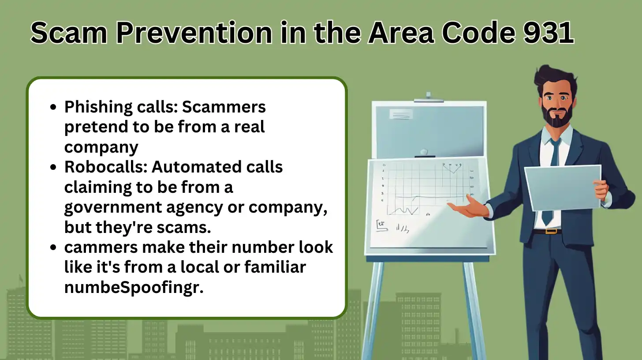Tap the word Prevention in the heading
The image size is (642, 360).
point(194,32)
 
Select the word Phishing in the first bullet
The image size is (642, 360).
point(98,108)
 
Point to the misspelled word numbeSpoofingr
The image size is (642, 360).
point(134,288)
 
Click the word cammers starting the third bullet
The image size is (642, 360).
point(101,247)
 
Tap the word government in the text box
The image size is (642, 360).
point(113,207)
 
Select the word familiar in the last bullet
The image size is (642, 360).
point(275,267)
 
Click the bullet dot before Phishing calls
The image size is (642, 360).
point(53,107)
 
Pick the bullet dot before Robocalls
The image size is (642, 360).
point(53,167)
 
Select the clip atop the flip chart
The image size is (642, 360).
point(429,97)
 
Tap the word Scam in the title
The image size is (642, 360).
point(69,32)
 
